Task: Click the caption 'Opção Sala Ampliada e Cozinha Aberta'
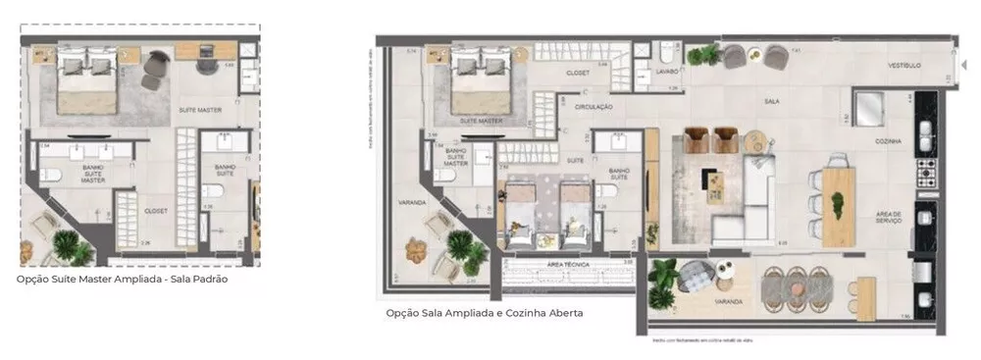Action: pyautogui.click(x=485, y=314)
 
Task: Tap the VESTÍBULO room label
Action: pyautogui.click(x=904, y=66)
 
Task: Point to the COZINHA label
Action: pyautogui.click(x=890, y=141)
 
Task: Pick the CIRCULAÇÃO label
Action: pyautogui.click(x=593, y=106)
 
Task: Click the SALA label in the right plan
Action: pyautogui.click(x=772, y=101)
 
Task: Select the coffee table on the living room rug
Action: pyautogui.click(x=712, y=180)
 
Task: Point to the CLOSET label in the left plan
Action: pyautogui.click(x=155, y=211)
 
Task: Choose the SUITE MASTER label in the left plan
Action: pyautogui.click(x=199, y=110)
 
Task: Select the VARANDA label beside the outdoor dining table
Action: pyautogui.click(x=728, y=301)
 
